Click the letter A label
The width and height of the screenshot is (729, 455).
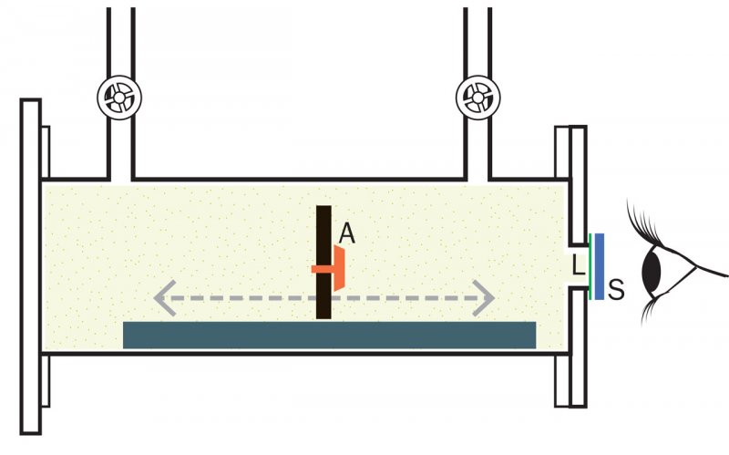(x=346, y=234)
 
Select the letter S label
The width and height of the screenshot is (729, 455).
(x=616, y=291)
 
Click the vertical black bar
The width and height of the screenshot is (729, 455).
(x=323, y=228)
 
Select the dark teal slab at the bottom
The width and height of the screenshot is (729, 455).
(x=329, y=335)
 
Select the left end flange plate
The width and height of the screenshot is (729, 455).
(x=31, y=264)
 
